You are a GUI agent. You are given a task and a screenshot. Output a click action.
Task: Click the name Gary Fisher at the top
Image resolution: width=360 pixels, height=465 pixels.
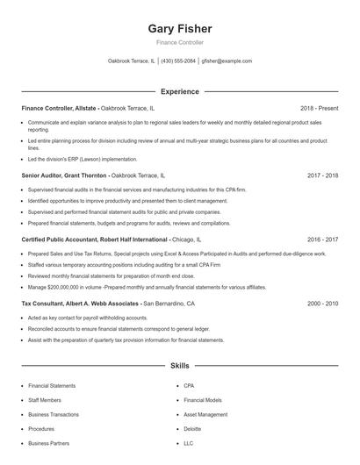click(x=180, y=28)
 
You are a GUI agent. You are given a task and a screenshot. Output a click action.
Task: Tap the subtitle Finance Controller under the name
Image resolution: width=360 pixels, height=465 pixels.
click(x=180, y=42)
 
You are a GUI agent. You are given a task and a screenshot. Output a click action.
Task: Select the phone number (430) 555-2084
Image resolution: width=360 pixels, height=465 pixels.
click(x=178, y=61)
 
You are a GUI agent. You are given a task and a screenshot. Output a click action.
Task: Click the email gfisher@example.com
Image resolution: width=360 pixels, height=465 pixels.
click(x=227, y=61)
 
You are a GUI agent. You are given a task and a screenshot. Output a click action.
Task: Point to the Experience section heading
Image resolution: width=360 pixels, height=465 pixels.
click(x=180, y=91)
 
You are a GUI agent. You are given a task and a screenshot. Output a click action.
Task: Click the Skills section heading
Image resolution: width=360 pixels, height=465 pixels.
click(x=180, y=365)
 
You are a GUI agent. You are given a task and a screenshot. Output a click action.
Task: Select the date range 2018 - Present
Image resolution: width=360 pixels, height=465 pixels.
click(x=319, y=108)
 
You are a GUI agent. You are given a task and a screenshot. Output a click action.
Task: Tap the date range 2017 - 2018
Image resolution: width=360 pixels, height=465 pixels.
click(x=323, y=175)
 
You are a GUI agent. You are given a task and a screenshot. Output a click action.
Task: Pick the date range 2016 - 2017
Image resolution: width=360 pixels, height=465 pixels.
click(x=323, y=239)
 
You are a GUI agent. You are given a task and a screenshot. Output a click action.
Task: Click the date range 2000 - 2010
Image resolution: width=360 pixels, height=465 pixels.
click(x=323, y=303)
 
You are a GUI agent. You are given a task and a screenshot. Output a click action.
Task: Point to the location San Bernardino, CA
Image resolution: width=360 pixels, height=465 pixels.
click(x=169, y=303)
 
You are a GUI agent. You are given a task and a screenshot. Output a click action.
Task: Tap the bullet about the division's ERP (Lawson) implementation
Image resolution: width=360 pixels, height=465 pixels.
click(x=83, y=159)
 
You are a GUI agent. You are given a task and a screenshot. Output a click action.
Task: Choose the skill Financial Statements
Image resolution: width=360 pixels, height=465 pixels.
click(x=52, y=385)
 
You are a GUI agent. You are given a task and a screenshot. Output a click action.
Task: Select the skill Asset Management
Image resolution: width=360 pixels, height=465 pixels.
click(x=205, y=414)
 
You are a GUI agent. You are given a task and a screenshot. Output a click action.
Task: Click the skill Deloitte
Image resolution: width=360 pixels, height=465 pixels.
click(x=192, y=429)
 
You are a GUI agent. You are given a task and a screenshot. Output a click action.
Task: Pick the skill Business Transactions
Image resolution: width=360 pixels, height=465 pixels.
click(x=54, y=414)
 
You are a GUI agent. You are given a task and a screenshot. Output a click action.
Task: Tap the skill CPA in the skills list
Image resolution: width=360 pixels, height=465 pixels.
click(x=189, y=385)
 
